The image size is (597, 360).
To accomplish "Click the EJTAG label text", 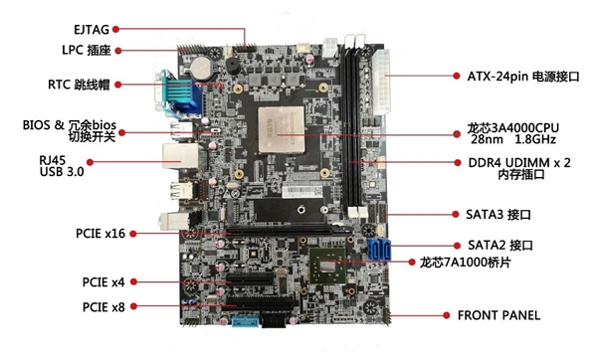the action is coord(92,29).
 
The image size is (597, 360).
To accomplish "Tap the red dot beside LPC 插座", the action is coord(118,51).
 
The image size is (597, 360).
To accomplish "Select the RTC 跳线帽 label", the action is coord(79,85).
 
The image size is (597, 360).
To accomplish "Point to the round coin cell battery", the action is coord(200,69).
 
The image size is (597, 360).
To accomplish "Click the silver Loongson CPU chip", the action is coord(282,129).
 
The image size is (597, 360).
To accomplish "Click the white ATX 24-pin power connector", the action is coord(382,82).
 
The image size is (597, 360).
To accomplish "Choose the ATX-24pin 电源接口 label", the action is coord(523,77).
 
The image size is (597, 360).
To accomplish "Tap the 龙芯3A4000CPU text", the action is coord(512,127).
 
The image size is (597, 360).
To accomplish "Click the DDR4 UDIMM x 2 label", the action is coord(519,163).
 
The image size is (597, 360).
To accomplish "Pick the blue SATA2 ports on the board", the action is coord(380,250).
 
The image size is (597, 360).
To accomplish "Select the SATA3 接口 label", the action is coord(498,215).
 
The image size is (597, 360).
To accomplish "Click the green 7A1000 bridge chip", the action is coord(327,266).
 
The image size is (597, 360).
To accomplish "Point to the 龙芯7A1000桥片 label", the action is coord(466,263).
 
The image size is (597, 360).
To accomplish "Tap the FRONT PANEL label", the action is coord(498,315).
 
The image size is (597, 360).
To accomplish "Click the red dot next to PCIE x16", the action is coord(133,234).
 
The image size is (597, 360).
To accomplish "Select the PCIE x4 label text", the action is coord(103,282).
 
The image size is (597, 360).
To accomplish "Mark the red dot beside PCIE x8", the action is coord(133,306).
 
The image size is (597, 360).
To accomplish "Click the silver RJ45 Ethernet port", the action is coord(180,156).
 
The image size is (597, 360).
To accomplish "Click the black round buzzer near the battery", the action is coord(232,67).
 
